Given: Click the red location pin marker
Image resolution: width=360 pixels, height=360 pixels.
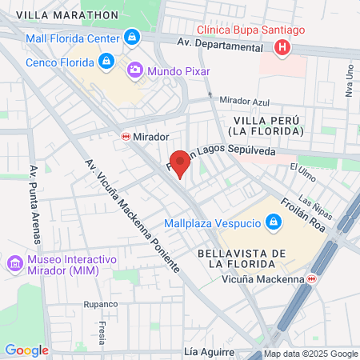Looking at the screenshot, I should (x=181, y=163).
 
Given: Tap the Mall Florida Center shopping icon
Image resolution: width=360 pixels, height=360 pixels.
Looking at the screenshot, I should (x=132, y=37).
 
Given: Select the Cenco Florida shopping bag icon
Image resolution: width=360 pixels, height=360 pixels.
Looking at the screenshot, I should (x=106, y=61).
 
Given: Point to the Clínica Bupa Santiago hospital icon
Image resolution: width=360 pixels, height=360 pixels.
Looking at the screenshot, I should (x=281, y=48).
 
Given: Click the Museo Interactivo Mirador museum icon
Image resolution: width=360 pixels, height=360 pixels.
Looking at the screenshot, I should (x=14, y=264).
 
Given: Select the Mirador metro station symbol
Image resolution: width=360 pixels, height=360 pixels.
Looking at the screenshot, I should (x=126, y=137).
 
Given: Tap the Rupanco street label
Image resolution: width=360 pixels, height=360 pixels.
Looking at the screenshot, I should (x=101, y=304).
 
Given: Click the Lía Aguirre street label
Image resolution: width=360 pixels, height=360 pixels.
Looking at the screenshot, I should (x=208, y=352).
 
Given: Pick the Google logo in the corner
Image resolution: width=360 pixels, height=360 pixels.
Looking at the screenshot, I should (x=26, y=350).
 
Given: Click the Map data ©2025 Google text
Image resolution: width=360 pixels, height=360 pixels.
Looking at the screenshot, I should (x=311, y=354).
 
